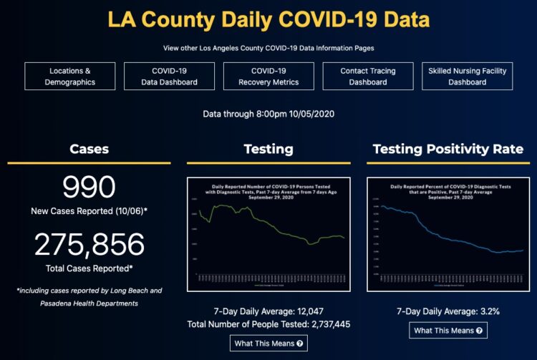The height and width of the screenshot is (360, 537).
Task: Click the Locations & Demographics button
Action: [x=69, y=77]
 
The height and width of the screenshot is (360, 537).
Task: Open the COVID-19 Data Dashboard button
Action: [x=169, y=77]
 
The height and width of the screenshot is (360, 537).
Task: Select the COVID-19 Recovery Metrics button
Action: [x=268, y=77]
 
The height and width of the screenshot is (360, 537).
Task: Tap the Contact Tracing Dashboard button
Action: [x=367, y=77]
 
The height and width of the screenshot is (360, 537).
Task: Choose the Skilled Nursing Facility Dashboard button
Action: [x=467, y=77]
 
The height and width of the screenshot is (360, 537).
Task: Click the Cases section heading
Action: [x=89, y=149]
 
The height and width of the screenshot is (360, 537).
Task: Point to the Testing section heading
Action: [x=268, y=149]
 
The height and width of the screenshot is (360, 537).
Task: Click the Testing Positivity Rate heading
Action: [x=448, y=149]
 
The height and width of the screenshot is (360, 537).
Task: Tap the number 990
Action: [x=89, y=188]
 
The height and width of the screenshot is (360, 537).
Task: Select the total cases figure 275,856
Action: [x=89, y=245]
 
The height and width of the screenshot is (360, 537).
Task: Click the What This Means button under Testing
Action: [x=268, y=343]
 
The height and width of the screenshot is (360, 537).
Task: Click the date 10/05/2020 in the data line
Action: [x=310, y=113]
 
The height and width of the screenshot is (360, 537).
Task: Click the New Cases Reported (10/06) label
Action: [x=89, y=212]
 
